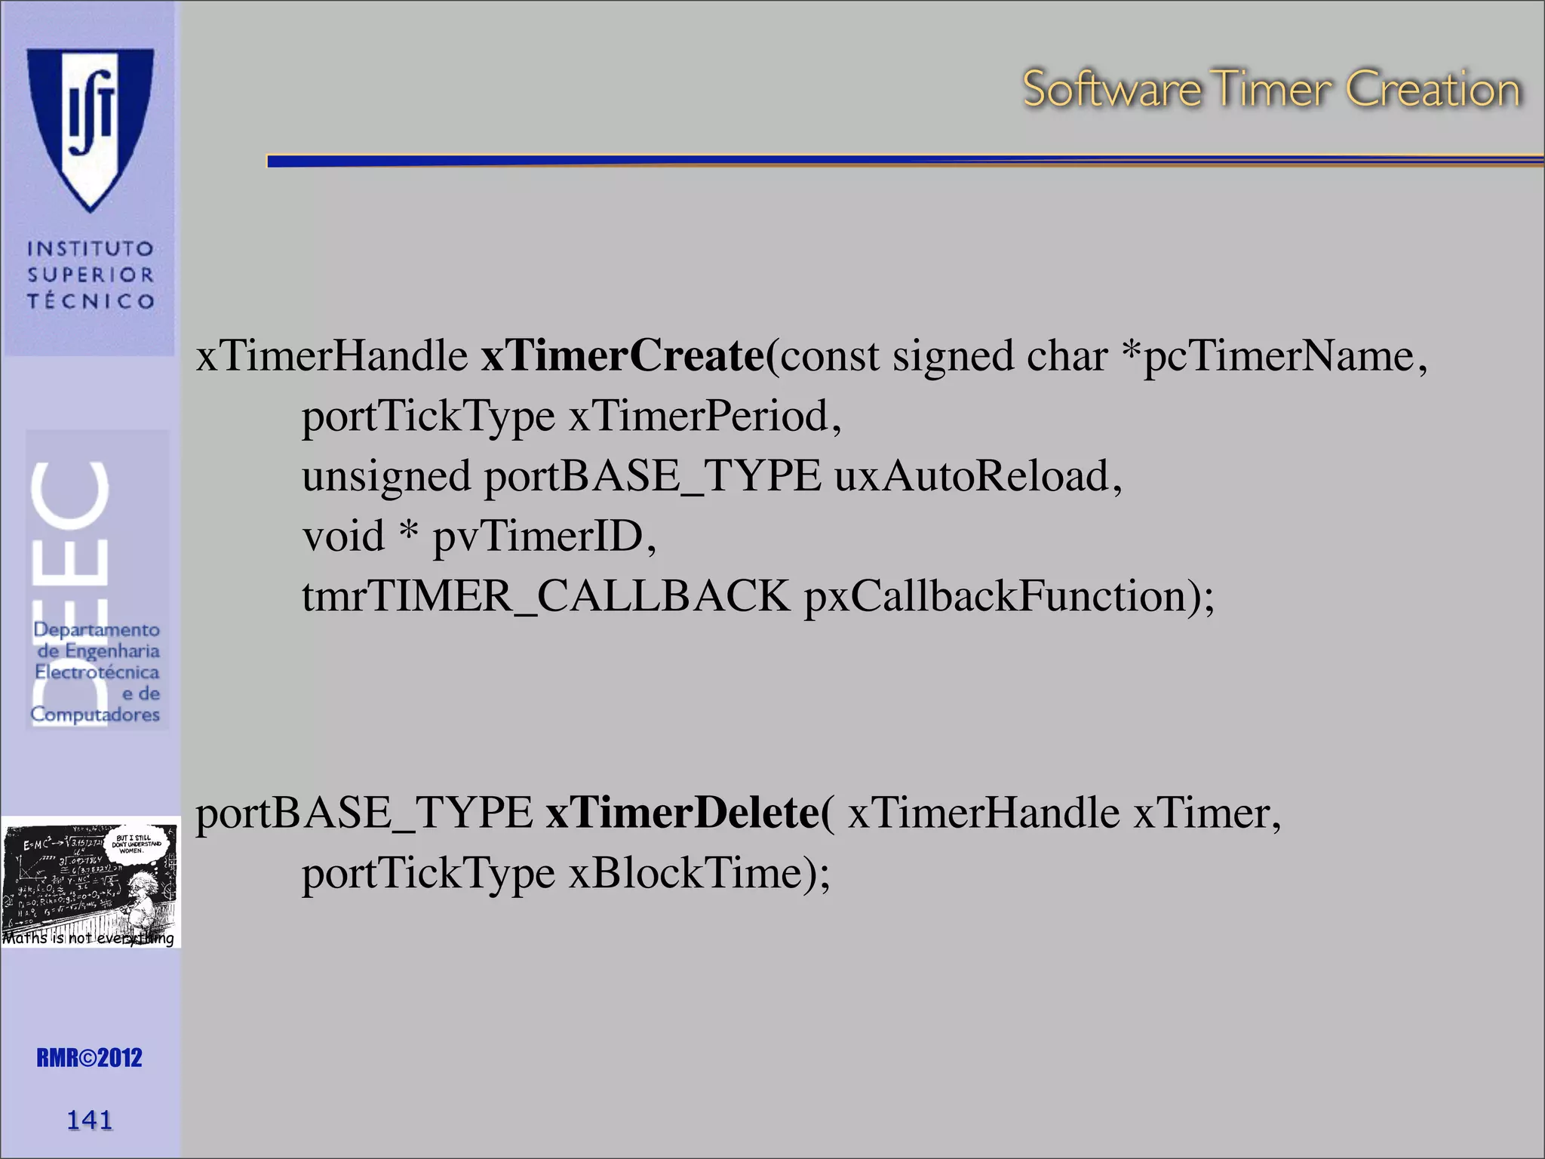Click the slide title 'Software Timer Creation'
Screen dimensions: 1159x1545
click(x=1271, y=89)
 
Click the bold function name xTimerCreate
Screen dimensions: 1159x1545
click(x=622, y=355)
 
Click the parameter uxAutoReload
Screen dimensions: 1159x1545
click(x=972, y=476)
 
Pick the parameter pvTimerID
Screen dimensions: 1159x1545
click(x=537, y=536)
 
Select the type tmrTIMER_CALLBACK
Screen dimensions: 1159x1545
click(x=545, y=596)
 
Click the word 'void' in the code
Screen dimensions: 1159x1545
click(x=343, y=536)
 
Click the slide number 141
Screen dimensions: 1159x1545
click(x=90, y=1120)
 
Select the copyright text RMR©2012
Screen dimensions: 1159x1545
click(x=89, y=1058)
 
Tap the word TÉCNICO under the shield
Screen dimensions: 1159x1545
click(x=91, y=301)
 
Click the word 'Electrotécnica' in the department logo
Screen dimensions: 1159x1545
click(x=97, y=672)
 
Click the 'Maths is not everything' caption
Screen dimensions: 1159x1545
click(x=88, y=938)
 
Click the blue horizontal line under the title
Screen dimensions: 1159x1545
click(x=905, y=161)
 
